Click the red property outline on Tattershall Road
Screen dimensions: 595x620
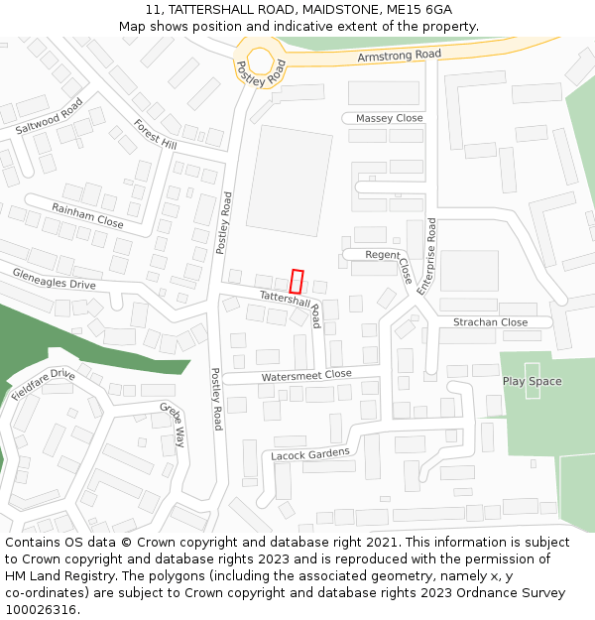[297, 281]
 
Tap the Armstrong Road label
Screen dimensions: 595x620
[399, 58]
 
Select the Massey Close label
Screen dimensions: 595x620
[389, 118]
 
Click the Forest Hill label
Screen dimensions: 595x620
[155, 137]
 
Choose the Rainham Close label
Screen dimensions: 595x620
[87, 215]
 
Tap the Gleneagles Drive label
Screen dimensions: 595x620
[55, 278]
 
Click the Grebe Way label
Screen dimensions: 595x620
[173, 425]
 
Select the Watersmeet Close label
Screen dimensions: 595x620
[306, 376]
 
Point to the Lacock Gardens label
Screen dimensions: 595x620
[310, 453]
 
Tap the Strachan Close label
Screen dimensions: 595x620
[490, 322]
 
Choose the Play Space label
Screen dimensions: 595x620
[532, 381]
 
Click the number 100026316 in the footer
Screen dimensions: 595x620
[42, 610]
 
